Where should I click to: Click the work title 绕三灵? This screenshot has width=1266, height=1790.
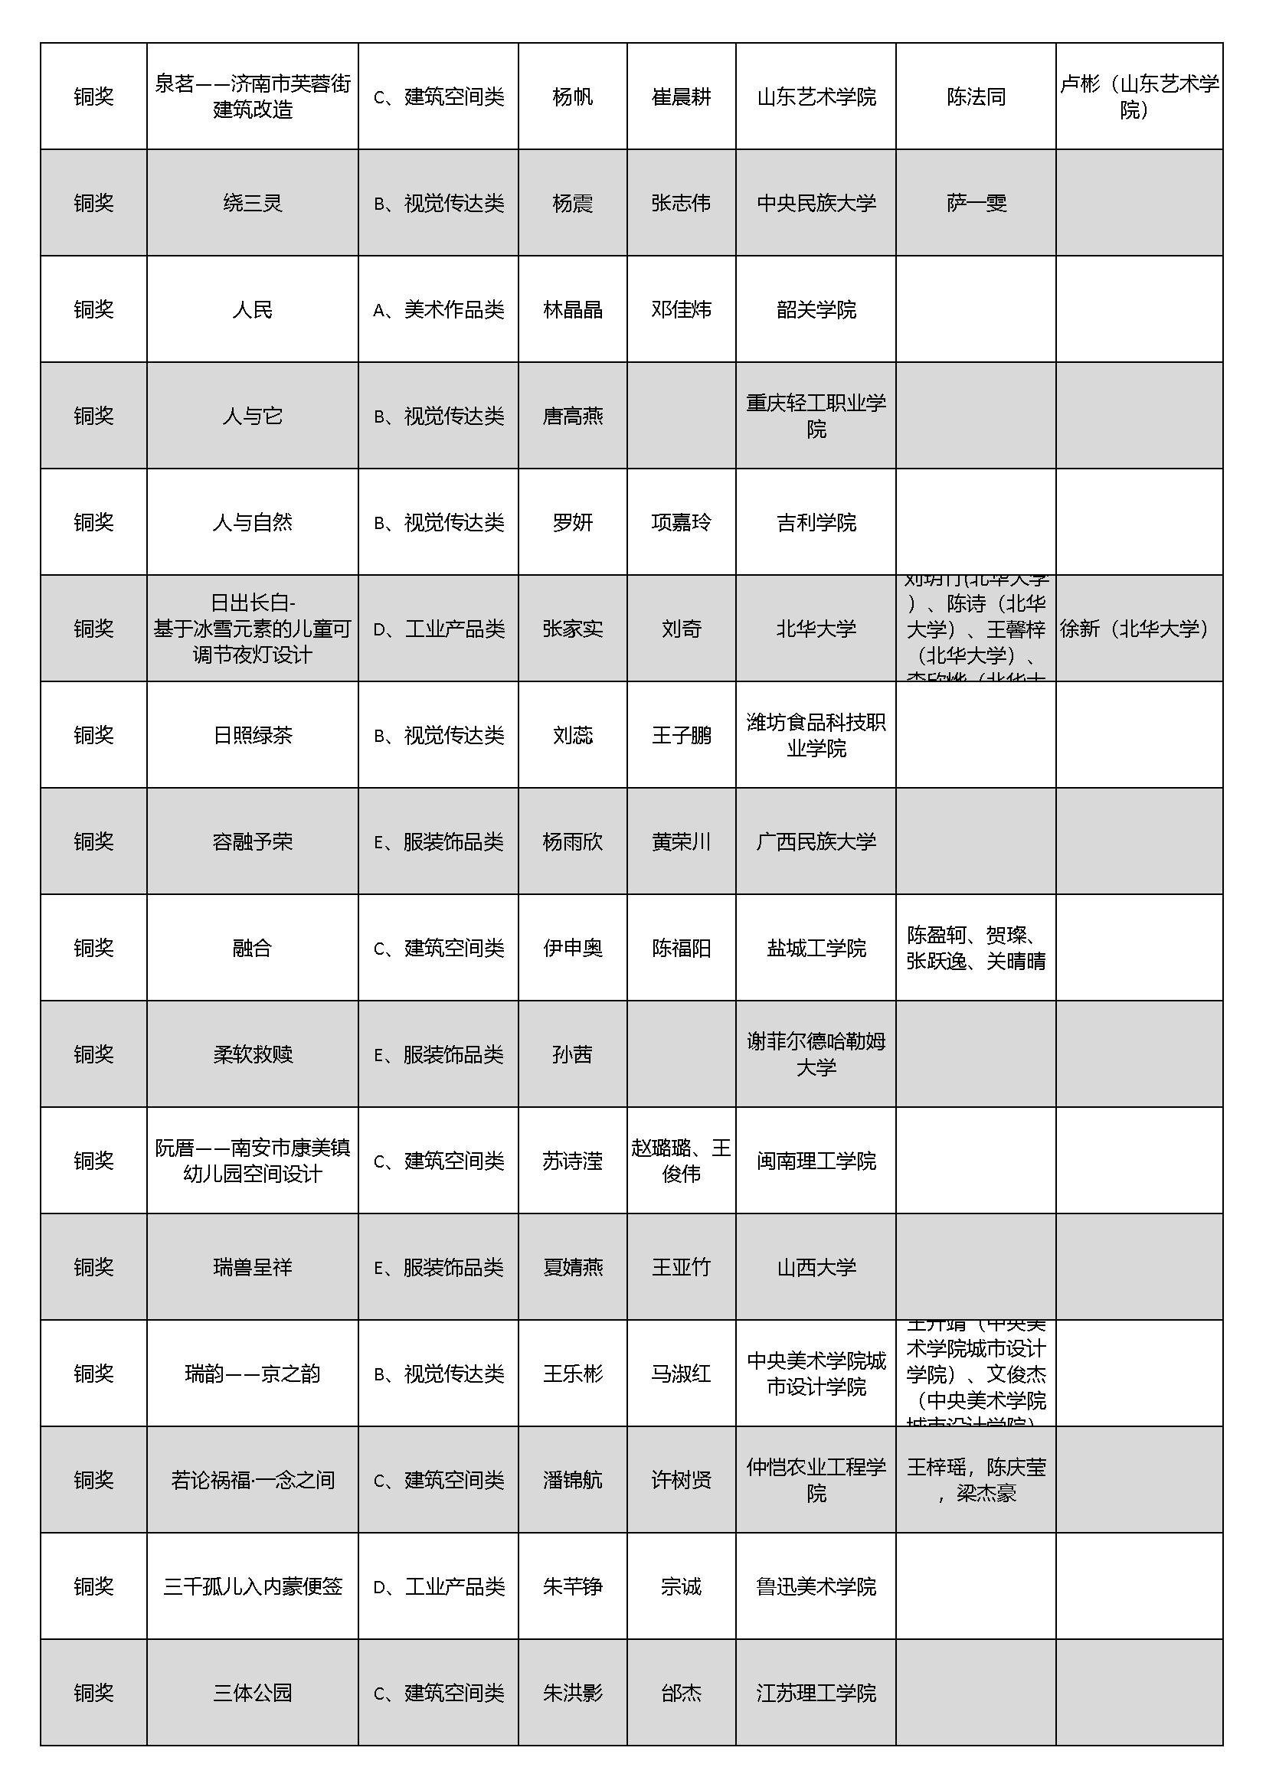pyautogui.click(x=252, y=204)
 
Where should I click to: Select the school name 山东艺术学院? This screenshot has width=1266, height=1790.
pyautogui.click(x=816, y=96)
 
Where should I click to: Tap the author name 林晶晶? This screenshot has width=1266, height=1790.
pyautogui.click(x=573, y=309)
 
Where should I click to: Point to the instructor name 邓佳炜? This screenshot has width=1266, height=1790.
pyautogui.click(x=681, y=309)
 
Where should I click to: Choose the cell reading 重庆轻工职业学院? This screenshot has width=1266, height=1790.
pyautogui.click(x=816, y=416)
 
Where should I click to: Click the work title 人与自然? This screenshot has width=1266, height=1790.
pyautogui.click(x=252, y=522)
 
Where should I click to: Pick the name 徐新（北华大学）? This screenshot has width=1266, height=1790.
pyautogui.click(x=1138, y=629)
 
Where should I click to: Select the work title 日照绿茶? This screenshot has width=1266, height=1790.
pyautogui.click(x=252, y=735)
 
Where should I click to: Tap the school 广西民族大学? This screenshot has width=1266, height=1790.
pyautogui.click(x=816, y=841)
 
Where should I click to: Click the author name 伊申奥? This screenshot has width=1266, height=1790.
pyautogui.click(x=573, y=948)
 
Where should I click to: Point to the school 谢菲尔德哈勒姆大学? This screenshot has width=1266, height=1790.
pyautogui.click(x=816, y=1054)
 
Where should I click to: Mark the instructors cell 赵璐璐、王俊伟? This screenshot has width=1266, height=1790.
pyautogui.click(x=681, y=1161)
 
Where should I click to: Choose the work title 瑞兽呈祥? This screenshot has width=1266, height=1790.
pyautogui.click(x=252, y=1267)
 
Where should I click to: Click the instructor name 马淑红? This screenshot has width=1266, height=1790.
pyautogui.click(x=681, y=1374)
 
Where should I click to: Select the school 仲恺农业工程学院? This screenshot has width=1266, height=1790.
pyautogui.click(x=816, y=1480)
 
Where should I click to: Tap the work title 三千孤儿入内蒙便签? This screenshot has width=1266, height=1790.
pyautogui.click(x=252, y=1586)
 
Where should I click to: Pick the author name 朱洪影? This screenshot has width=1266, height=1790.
pyautogui.click(x=573, y=1693)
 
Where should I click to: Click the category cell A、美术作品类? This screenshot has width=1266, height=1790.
pyautogui.click(x=438, y=309)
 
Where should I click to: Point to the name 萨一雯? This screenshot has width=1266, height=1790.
pyautogui.click(x=976, y=204)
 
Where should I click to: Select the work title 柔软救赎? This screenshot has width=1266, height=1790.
pyautogui.click(x=252, y=1054)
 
